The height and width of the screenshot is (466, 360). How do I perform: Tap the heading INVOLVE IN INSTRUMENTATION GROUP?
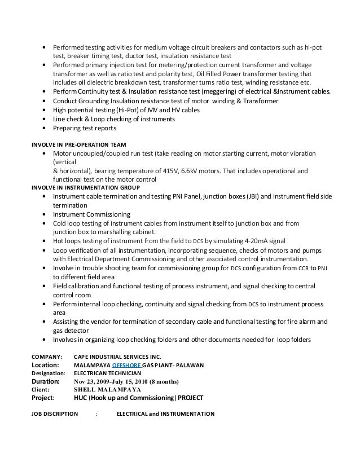(x=86, y=187)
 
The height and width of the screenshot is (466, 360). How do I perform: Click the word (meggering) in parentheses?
(x=219, y=92)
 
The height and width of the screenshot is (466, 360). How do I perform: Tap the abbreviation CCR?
(x=303, y=268)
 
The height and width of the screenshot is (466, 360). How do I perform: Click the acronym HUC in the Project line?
(x=83, y=397)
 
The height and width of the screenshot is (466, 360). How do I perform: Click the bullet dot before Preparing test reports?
(x=45, y=128)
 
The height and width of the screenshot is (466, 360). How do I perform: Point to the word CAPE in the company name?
(x=83, y=357)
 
